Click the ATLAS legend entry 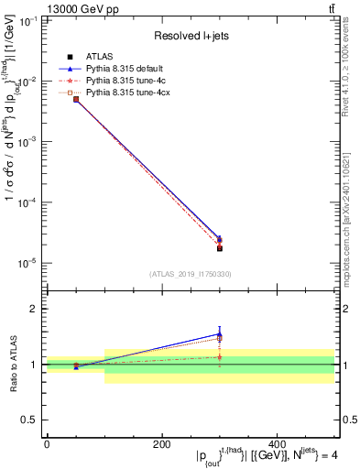tap(99, 57)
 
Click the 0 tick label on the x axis tap(47, 445)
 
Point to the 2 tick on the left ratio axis tap(37, 309)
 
